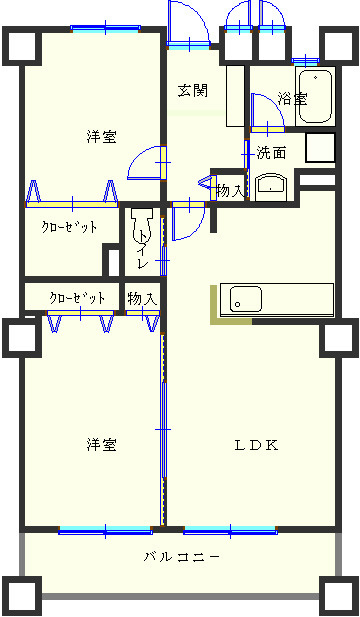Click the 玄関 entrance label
click(193, 91)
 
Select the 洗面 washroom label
click(271, 153)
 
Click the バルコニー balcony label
click(181, 557)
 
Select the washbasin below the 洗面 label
click(271, 186)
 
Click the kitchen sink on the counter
click(246, 299)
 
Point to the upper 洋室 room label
click(100, 137)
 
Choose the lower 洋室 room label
click(100, 444)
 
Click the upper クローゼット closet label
click(69, 227)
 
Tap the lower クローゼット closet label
click(77, 298)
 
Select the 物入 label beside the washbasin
click(229, 190)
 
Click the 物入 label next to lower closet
click(141, 298)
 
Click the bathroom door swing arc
click(264, 111)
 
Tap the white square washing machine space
click(319, 149)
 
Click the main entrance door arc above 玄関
click(188, 22)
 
